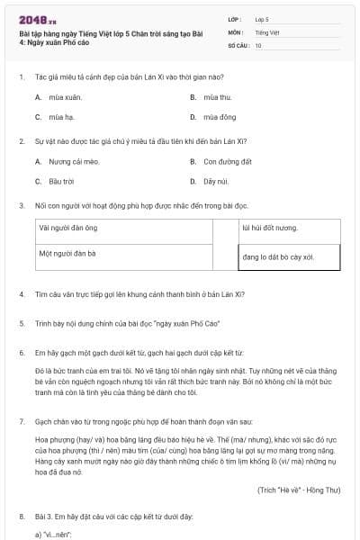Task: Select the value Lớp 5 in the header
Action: pos(262,19)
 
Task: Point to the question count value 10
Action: pos(258,44)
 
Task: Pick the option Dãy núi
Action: pos(210,182)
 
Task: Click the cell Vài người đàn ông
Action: pos(68,229)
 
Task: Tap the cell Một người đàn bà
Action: pos(67,254)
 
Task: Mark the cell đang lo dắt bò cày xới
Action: pos(277,257)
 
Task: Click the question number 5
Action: pos(21,323)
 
